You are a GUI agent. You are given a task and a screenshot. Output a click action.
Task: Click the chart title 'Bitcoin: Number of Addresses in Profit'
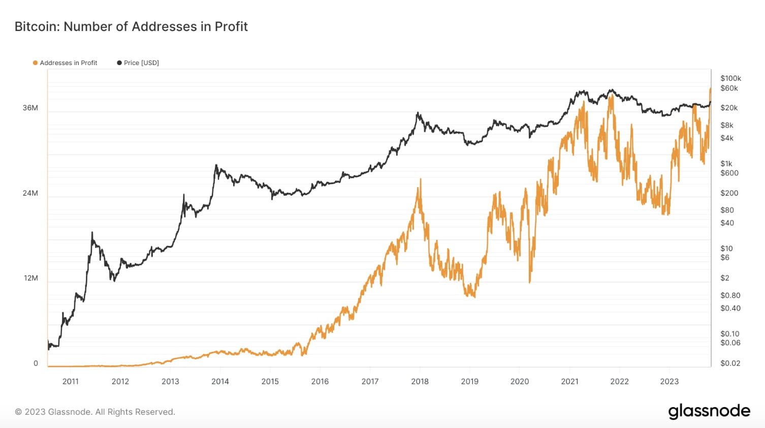click(x=131, y=26)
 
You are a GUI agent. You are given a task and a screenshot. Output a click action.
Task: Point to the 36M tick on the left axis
click(x=30, y=108)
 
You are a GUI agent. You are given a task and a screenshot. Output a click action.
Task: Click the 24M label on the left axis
click(x=30, y=193)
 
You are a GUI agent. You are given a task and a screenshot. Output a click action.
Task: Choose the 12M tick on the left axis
click(x=31, y=278)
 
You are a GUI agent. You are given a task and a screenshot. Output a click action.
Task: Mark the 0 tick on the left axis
click(x=36, y=363)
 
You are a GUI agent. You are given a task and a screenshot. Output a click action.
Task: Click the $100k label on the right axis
click(x=730, y=78)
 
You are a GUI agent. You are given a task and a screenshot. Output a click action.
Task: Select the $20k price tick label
click(x=729, y=108)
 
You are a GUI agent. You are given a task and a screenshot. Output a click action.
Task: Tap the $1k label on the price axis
click(x=726, y=164)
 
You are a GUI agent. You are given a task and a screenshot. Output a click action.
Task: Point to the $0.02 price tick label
click(x=730, y=363)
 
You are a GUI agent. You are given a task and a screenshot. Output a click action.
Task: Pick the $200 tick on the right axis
click(x=729, y=193)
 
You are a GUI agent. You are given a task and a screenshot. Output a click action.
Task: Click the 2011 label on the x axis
click(x=71, y=382)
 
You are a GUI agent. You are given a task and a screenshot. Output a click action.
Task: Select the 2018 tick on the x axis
click(x=420, y=382)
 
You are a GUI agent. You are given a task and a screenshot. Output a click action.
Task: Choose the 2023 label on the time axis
click(x=669, y=382)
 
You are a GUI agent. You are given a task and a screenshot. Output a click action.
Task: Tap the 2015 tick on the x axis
click(x=270, y=382)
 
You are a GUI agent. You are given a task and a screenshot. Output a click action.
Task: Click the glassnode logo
click(x=709, y=411)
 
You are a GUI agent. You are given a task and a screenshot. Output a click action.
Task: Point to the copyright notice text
click(x=95, y=412)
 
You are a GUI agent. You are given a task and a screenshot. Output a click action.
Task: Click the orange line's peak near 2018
click(x=420, y=179)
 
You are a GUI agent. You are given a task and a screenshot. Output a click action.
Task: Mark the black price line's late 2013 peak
click(x=216, y=165)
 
